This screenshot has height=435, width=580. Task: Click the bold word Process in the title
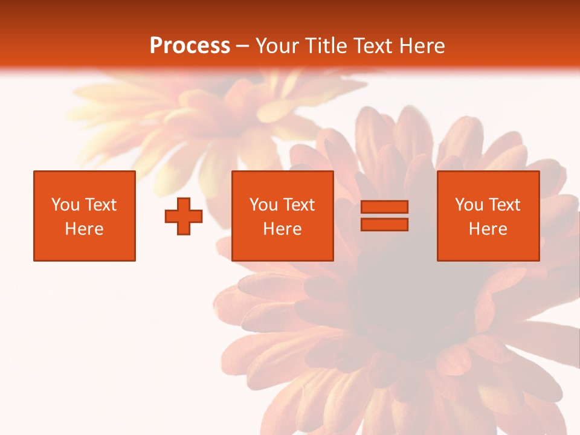click(x=190, y=46)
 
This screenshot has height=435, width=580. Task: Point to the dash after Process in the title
click(x=243, y=47)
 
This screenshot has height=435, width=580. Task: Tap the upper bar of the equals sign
click(x=384, y=207)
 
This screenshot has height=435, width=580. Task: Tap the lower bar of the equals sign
click(x=384, y=224)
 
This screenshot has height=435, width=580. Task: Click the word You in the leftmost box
click(x=65, y=205)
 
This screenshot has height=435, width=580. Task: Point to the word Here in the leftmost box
click(x=84, y=229)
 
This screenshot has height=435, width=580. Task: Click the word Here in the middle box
click(x=282, y=229)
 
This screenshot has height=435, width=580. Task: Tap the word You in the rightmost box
click(x=468, y=205)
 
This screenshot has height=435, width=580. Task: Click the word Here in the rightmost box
click(x=488, y=229)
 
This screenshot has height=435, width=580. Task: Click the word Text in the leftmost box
click(x=101, y=205)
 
